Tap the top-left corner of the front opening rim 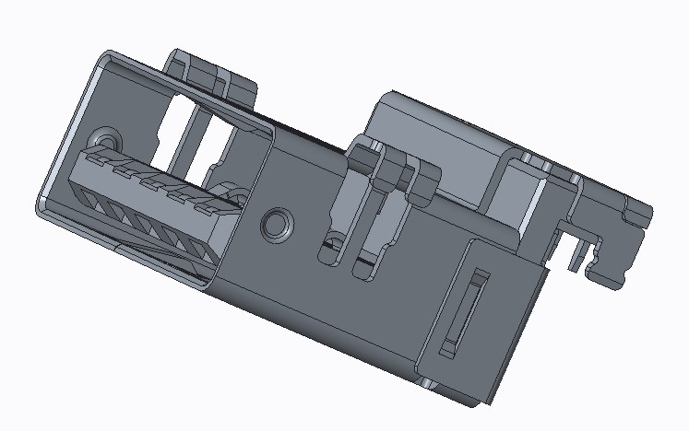(x=101, y=57)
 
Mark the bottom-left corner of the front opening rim (x=42, y=204)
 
